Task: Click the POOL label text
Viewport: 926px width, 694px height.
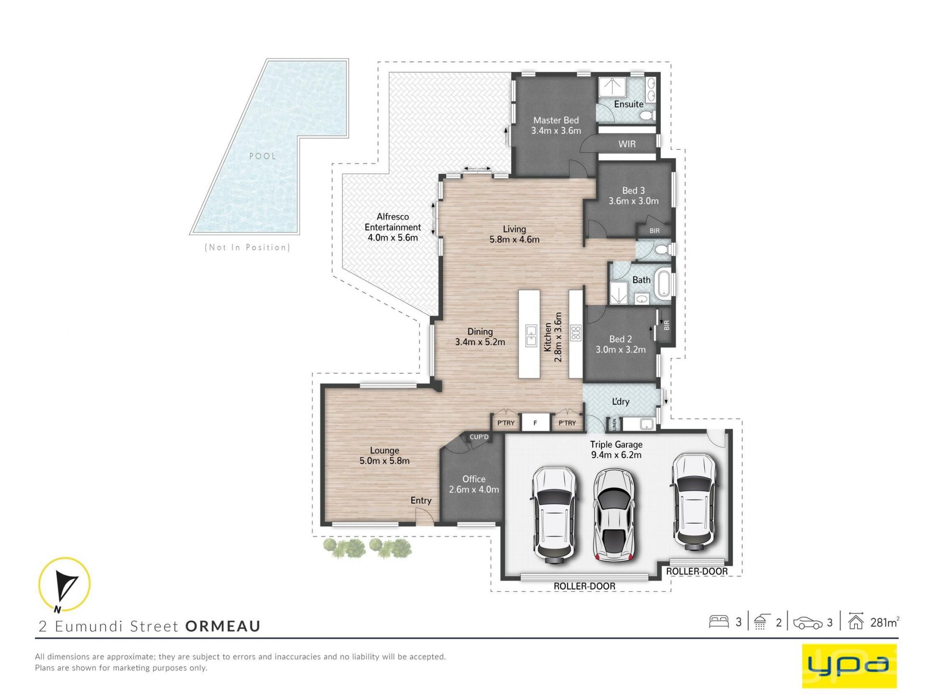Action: click(262, 156)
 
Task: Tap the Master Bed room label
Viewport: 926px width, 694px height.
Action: click(556, 121)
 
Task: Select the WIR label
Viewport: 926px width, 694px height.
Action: click(627, 144)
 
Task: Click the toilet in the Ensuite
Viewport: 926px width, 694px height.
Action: click(647, 115)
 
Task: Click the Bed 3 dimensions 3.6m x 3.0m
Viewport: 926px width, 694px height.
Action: click(633, 201)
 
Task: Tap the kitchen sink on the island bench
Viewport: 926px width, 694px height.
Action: click(531, 336)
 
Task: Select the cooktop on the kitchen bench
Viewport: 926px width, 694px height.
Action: click(576, 333)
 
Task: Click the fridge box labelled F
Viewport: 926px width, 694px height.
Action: click(535, 423)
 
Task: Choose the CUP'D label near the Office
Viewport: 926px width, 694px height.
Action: click(479, 437)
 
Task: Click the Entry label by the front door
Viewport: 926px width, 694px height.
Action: click(421, 501)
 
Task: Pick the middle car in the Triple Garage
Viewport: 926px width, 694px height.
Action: click(613, 514)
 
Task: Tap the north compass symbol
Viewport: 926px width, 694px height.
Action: click(64, 584)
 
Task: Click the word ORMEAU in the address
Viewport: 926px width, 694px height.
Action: click(223, 626)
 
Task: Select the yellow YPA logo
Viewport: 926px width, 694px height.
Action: click(849, 666)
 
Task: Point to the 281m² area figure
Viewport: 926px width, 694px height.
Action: click(885, 622)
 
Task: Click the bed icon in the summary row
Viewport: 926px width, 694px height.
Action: click(719, 622)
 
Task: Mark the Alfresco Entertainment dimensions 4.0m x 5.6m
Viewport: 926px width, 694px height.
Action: click(393, 238)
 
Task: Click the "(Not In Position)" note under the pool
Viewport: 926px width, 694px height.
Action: click(247, 247)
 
